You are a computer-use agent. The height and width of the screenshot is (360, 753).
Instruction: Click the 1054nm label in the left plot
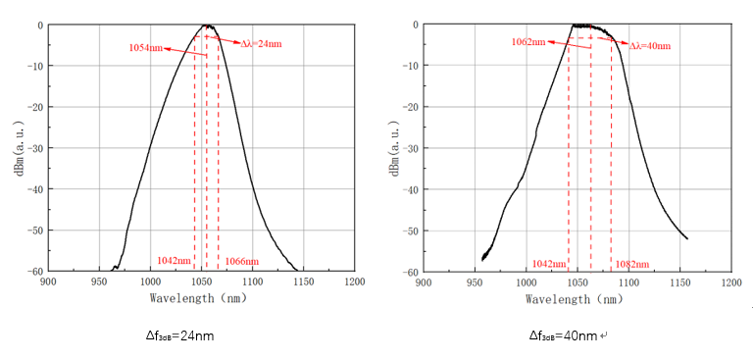tap(143, 47)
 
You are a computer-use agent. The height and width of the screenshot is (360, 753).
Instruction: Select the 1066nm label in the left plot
tap(242, 262)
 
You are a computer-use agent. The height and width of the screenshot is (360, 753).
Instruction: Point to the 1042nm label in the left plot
tap(174, 262)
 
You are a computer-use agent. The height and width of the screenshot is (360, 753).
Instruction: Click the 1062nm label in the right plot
tap(527, 42)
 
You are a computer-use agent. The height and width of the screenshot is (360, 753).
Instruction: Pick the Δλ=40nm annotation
tap(649, 45)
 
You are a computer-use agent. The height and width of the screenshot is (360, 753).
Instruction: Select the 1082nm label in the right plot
tap(631, 264)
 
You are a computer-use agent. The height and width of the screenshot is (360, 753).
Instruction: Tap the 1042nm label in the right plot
tap(548, 264)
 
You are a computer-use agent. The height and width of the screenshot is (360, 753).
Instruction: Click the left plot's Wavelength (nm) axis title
tap(201, 296)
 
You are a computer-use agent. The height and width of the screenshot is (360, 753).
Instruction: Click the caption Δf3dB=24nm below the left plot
tap(179, 335)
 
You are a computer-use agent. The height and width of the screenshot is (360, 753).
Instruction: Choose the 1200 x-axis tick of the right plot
tap(730, 282)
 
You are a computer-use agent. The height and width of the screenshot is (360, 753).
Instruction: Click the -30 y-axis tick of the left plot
tap(31, 148)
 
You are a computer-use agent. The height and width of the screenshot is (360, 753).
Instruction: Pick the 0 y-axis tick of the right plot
tap(414, 25)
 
